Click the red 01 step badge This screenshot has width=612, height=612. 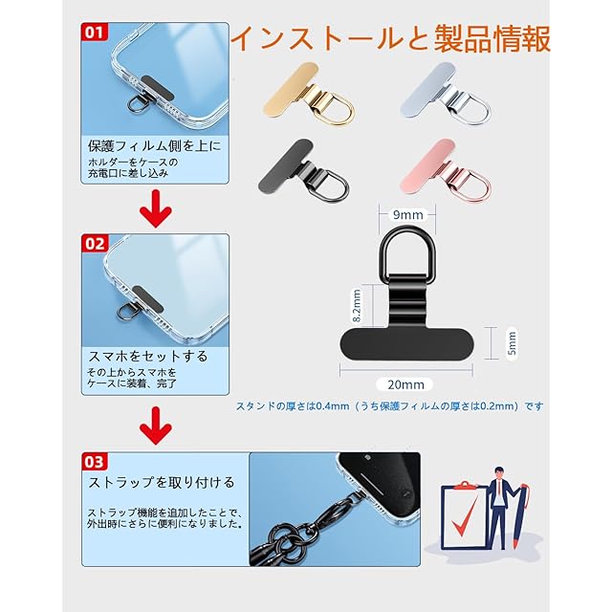(94, 32)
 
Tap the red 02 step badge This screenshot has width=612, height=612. (95, 243)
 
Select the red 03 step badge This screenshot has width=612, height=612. (94, 461)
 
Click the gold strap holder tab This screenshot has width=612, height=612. (309, 94)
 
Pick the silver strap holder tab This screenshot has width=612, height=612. (446, 94)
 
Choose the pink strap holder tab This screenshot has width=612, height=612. (446, 170)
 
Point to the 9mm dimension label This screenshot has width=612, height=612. (408, 214)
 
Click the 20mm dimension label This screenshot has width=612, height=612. (405, 384)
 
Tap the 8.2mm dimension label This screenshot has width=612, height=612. (357, 305)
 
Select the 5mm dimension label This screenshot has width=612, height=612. (512, 342)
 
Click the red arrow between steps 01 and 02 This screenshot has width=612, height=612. (156, 208)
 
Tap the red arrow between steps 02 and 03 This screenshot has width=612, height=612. (156, 426)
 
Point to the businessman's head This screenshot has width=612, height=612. (499, 473)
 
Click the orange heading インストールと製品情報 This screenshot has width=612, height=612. (390, 38)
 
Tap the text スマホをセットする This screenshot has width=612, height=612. (147, 356)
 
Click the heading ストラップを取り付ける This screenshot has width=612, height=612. (162, 482)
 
